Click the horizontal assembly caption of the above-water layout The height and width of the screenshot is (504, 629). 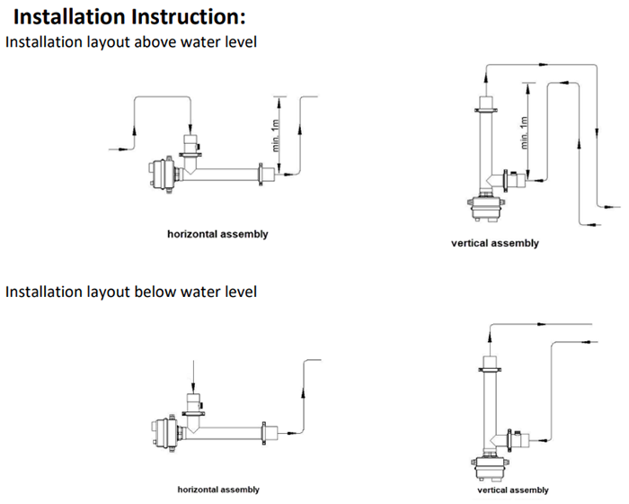coord(217,234)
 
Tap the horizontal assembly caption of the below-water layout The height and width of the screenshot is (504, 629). coord(218,490)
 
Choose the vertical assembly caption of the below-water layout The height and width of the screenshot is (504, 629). coord(512,490)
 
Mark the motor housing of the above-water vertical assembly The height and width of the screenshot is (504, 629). coord(489,211)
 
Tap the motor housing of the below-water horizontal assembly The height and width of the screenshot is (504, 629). coord(164,430)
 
